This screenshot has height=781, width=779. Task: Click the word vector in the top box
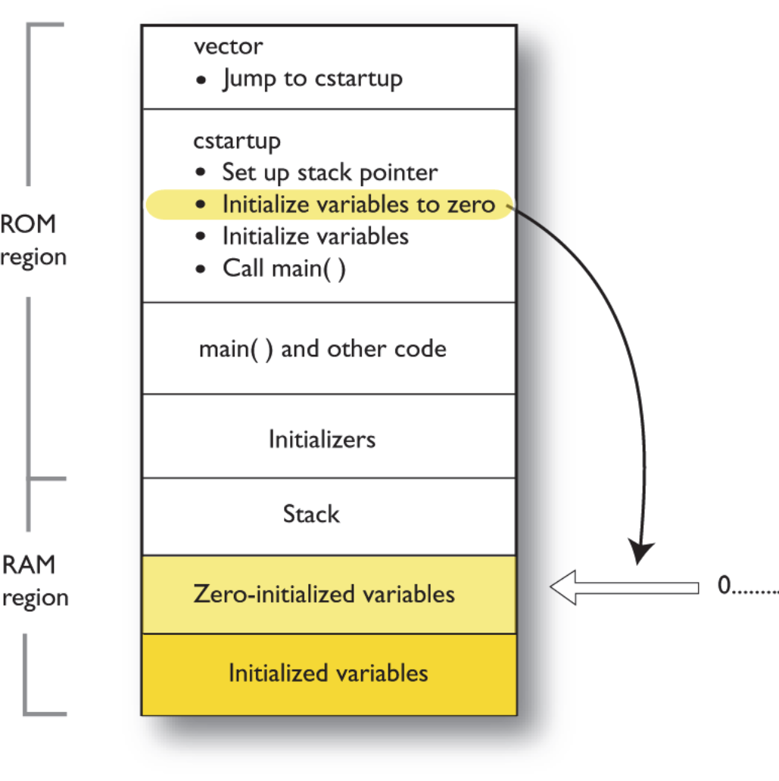228,46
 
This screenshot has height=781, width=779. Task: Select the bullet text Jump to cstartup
312,79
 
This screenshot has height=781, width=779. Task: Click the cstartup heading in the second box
237,141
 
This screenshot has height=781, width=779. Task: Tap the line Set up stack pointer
329,173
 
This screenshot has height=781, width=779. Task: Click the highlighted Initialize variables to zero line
358,204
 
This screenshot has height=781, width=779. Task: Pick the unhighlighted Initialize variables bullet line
315,236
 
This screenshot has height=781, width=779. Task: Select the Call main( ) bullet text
284,268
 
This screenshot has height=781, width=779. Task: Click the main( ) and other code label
323,349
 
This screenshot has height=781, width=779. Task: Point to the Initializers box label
322,439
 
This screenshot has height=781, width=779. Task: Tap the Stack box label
311,515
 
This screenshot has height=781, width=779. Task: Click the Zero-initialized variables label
324,593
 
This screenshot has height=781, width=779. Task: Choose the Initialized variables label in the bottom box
329,673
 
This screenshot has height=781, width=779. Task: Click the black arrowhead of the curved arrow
642,552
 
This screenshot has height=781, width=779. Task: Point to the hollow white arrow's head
564,587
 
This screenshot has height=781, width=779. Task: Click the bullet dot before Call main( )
201,269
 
